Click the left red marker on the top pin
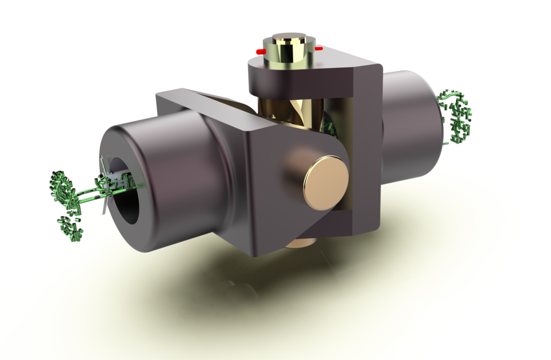(260, 52)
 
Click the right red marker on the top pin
(319, 49)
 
